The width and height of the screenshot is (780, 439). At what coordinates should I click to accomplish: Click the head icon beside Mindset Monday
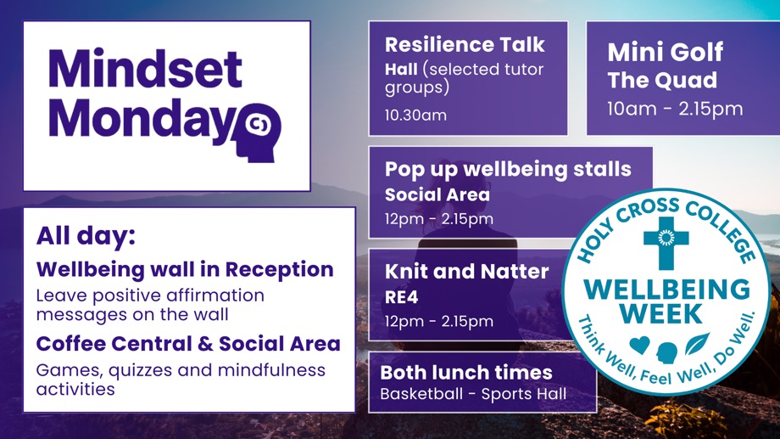coord(263,132)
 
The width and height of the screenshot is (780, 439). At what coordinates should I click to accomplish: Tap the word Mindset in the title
coord(145,69)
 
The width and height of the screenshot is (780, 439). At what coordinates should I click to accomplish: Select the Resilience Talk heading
coord(465,44)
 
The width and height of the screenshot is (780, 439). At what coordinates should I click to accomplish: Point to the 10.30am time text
coord(415,115)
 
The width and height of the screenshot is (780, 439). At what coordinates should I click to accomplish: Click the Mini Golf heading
coord(665,52)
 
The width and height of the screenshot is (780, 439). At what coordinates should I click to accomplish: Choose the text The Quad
coord(662,80)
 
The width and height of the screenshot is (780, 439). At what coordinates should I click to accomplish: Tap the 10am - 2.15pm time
coord(675,109)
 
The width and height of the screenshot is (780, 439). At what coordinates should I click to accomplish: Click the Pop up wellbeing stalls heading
coord(508,170)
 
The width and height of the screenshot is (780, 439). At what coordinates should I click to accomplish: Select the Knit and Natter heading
coord(466,271)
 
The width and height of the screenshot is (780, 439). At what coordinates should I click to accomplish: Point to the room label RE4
coord(401,297)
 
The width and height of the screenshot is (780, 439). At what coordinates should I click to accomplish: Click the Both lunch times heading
coord(466,372)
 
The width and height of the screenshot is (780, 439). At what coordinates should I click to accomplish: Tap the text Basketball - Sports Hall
coord(473,394)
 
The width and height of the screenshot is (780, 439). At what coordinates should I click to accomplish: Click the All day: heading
coord(86,236)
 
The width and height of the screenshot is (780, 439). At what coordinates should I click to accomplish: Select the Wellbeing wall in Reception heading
coord(185,269)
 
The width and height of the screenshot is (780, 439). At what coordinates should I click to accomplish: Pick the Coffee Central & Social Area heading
coord(188,343)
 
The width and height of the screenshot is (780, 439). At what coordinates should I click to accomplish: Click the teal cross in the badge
coord(666,243)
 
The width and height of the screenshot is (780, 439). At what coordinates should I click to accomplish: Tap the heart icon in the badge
coord(639,345)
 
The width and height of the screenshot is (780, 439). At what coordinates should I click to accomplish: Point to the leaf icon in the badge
coord(698,343)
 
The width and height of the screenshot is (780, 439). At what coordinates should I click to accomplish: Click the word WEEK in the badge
coord(661,313)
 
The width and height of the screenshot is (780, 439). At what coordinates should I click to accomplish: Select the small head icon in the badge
coord(666,352)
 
